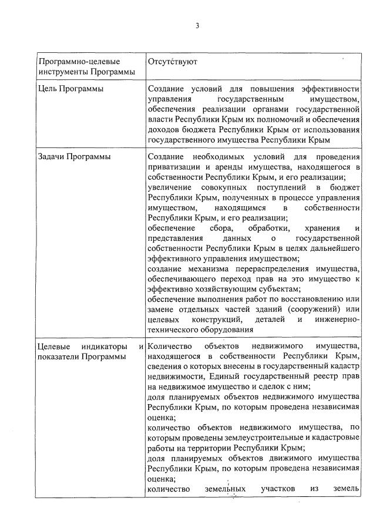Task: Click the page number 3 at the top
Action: click(197, 26)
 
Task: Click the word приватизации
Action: click(176, 167)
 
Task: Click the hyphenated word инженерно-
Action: click(334, 319)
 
